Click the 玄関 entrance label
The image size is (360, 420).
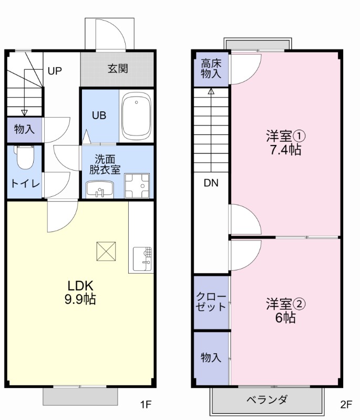118,69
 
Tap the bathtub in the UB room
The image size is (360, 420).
136,116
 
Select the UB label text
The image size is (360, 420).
99,115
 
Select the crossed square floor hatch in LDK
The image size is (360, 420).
107,251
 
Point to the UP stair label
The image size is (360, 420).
55,71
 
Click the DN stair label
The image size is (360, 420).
211,183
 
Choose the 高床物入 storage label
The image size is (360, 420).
211,69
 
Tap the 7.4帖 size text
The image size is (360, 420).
285,150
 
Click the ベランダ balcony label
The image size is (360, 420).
267,400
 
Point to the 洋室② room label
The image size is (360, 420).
285,303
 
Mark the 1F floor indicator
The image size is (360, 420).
146,405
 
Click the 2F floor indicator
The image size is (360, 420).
345,405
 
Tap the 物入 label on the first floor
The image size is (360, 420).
24,129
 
